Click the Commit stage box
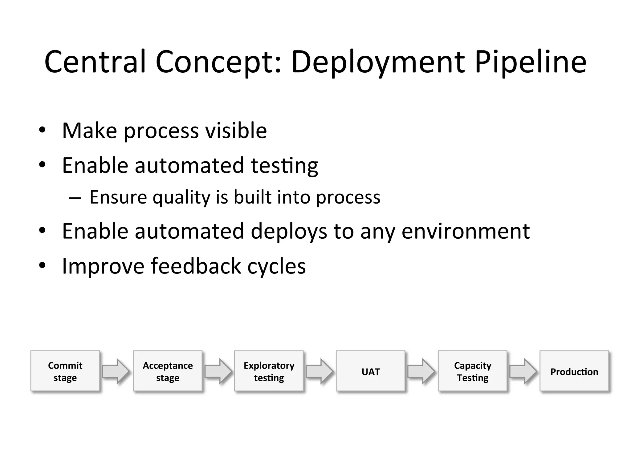[65, 371]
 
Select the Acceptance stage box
[168, 371]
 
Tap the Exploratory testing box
[269, 371]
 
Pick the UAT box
[370, 371]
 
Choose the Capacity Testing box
[472, 371]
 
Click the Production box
[574, 371]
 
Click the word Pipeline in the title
[531, 63]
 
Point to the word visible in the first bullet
[236, 131]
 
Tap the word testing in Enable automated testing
[284, 166]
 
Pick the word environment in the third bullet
[466, 231]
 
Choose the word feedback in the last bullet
[196, 266]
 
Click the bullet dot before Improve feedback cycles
[42, 265]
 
